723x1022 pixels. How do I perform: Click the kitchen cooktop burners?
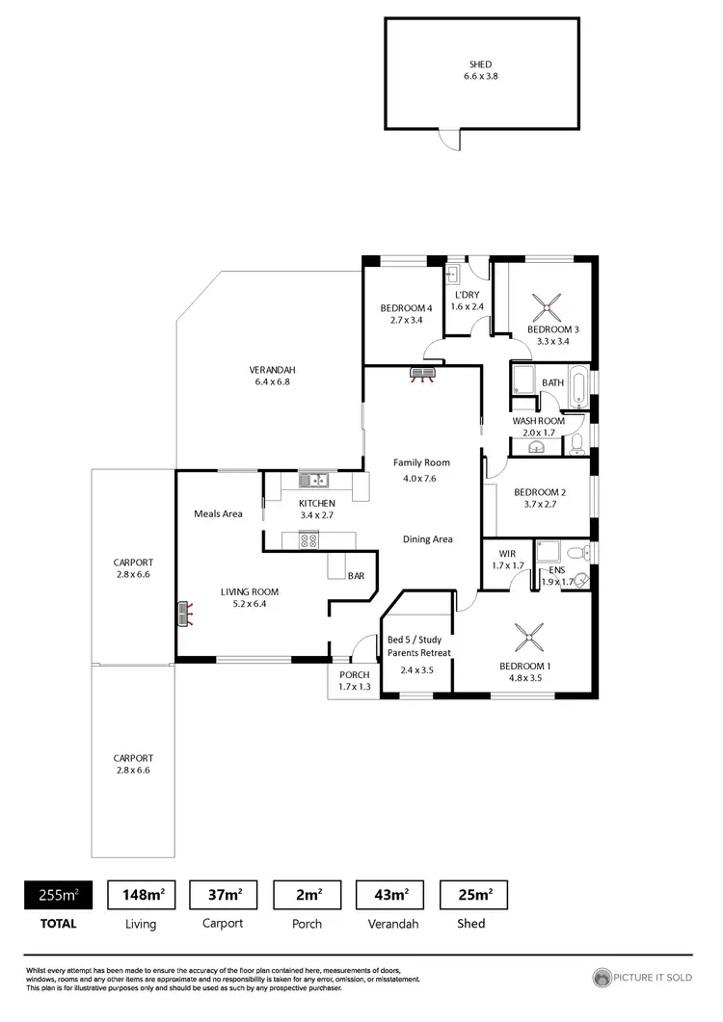[x=309, y=541]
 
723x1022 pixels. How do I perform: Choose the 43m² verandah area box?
[x=390, y=895]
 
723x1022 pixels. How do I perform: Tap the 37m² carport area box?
[x=224, y=895]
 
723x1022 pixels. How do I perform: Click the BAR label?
[x=356, y=576]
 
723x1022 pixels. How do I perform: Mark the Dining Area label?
[x=427, y=539]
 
